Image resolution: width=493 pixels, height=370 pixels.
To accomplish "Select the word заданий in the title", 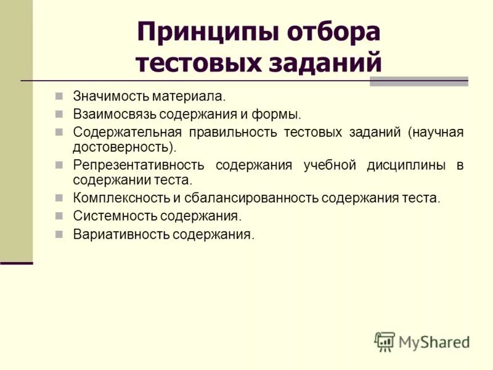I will click(327, 63).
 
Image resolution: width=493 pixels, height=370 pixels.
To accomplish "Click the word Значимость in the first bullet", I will click(108, 96).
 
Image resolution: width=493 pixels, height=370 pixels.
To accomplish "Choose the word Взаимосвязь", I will click(115, 114).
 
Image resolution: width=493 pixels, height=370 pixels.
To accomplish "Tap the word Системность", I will click(115, 216).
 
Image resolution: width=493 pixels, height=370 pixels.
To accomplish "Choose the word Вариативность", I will click(121, 234).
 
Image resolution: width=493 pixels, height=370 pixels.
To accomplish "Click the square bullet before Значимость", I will click(59, 96).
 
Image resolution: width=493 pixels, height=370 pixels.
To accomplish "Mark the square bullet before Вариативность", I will click(59, 234).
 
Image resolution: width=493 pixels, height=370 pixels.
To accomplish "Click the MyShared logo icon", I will click(385, 341).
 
